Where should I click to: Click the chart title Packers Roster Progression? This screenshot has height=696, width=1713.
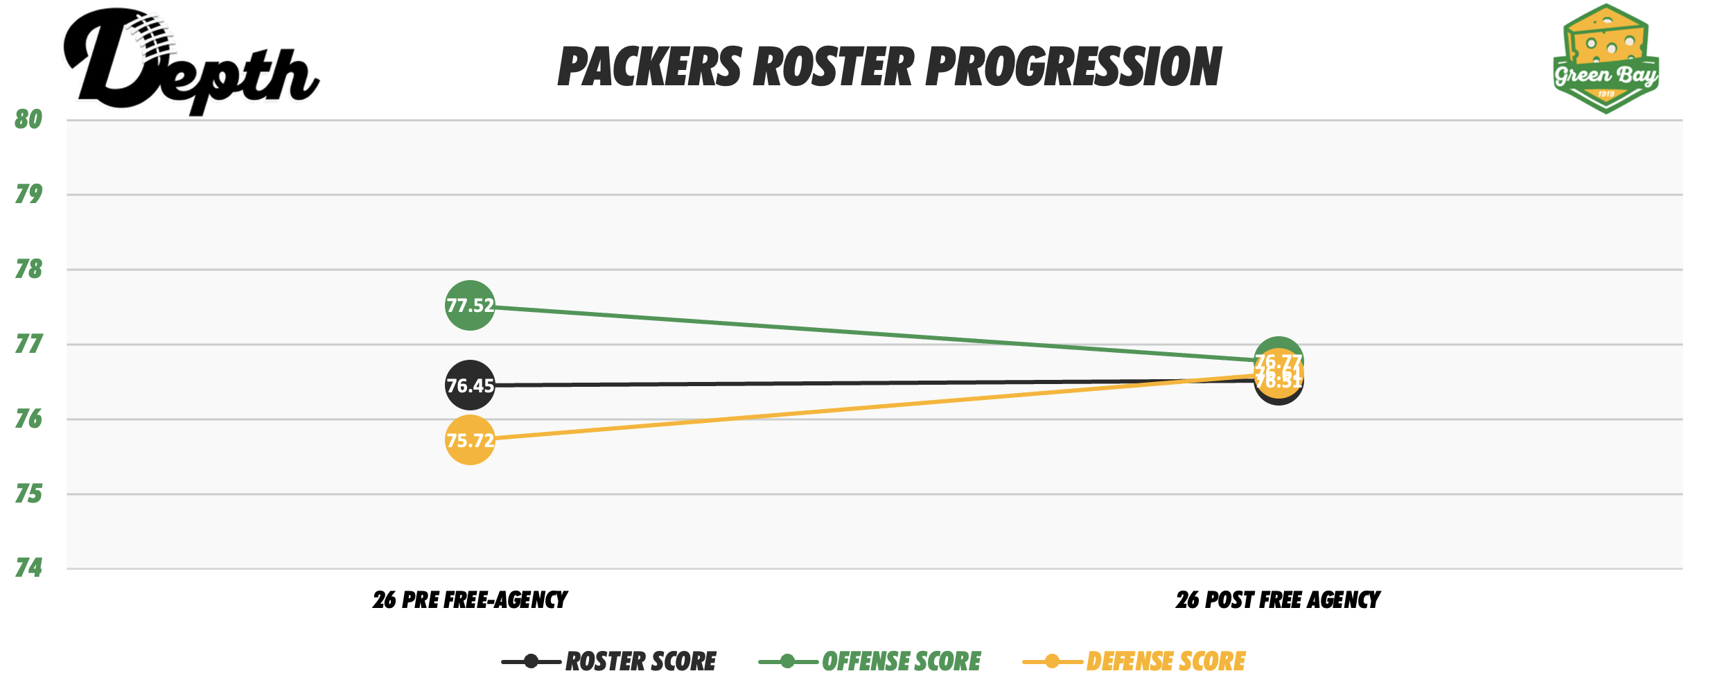point(889,67)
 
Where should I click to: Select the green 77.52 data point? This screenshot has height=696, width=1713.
point(470,306)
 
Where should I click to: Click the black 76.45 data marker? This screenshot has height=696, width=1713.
point(470,385)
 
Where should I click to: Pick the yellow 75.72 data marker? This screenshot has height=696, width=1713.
point(470,440)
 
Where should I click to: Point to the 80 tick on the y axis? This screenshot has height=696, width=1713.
point(28,120)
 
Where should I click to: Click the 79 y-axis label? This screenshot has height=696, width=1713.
point(28,195)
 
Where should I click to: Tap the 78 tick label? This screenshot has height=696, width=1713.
point(28,270)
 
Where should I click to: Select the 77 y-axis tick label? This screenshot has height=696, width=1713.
point(28,345)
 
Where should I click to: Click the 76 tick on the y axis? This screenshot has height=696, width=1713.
point(28,419)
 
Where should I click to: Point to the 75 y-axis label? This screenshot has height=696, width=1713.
point(28,494)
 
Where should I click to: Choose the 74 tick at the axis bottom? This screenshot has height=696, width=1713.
point(28,568)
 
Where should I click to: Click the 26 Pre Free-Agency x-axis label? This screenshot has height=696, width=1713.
point(470,600)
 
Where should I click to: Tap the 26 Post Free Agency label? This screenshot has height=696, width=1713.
point(1278,600)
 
